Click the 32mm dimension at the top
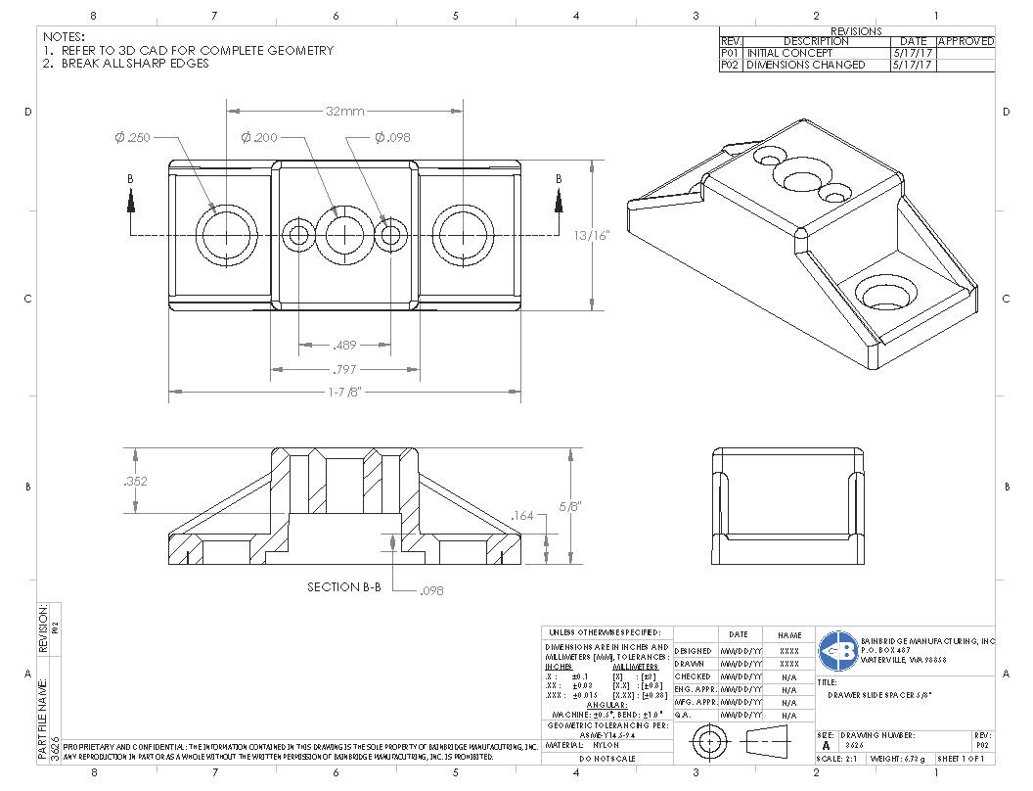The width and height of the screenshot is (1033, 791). [345, 112]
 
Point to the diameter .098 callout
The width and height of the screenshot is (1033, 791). [392, 138]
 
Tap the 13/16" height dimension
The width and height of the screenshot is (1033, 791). [592, 235]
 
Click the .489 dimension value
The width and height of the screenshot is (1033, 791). [344, 345]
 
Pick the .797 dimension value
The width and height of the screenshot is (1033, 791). [344, 369]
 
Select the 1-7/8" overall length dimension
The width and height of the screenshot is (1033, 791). [344, 393]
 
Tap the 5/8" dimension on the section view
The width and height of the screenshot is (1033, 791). [570, 506]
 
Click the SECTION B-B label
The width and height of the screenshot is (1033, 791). [343, 587]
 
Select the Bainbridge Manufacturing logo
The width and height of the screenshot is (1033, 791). [837, 649]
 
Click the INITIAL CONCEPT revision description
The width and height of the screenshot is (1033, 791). [790, 53]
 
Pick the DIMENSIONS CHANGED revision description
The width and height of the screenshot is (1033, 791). [806, 65]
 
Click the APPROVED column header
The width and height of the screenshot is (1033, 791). [966, 41]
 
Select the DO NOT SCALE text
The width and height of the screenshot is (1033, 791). [606, 759]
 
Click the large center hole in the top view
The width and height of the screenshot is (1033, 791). [345, 235]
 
